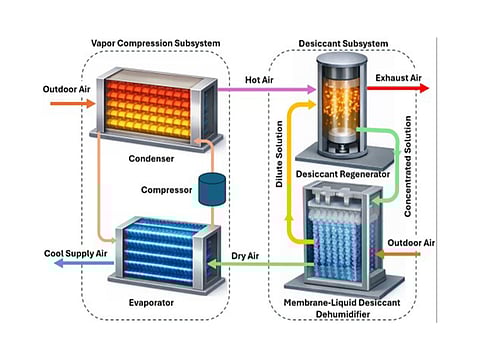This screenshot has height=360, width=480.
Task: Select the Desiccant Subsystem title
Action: (341, 43)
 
